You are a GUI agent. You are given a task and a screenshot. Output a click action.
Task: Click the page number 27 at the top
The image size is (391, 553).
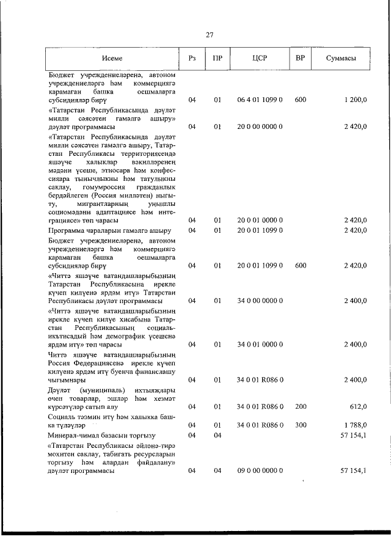[209, 35]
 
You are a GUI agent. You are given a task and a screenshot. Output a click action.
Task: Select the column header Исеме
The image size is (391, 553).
[112, 59]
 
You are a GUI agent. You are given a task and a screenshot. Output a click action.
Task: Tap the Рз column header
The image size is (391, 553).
[192, 59]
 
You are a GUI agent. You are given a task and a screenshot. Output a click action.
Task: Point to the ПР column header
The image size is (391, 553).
[217, 59]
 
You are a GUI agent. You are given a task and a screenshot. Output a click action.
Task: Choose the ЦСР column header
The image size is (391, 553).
[260, 59]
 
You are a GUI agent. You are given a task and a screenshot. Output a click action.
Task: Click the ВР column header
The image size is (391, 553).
[300, 59]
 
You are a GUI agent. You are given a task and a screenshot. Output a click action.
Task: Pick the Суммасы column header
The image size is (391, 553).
[342, 59]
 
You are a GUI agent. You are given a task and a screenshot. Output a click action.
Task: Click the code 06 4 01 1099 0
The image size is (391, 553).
[260, 100]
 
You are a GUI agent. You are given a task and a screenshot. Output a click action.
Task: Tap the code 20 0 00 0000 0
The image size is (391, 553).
[260, 126]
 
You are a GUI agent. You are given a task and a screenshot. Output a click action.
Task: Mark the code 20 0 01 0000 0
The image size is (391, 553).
[260, 219]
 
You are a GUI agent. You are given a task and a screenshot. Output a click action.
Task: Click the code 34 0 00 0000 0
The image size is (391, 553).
[260, 301]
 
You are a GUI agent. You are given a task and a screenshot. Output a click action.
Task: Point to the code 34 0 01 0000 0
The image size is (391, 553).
[260, 344]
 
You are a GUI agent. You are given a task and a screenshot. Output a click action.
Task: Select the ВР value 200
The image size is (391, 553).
[300, 406]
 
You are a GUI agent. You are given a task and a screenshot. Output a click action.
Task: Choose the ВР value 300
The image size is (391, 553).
[300, 425]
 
